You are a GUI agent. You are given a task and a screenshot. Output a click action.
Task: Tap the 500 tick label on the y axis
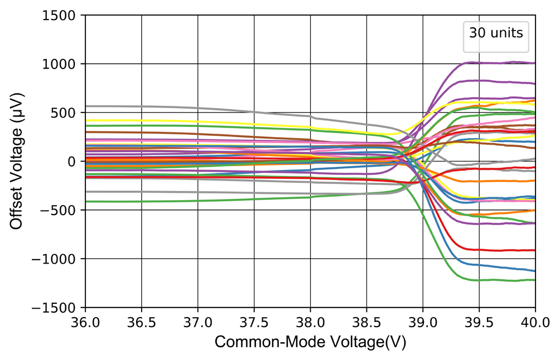[x=67, y=113]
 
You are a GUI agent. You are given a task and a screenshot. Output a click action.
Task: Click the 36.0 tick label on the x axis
[x=85, y=322]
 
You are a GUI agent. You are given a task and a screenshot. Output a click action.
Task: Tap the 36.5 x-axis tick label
[x=142, y=322]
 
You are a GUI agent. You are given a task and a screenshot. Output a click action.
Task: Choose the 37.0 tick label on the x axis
[x=198, y=322]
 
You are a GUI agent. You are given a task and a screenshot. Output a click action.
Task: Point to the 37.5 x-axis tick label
[x=254, y=322]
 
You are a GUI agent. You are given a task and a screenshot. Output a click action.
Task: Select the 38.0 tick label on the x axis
[x=311, y=322]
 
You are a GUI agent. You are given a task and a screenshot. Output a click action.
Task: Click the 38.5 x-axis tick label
[x=367, y=322]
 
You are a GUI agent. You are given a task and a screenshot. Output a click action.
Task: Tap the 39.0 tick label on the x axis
[x=423, y=322]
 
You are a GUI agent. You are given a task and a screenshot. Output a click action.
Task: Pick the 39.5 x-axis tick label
[x=479, y=322]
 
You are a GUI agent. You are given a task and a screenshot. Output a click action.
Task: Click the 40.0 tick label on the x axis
[x=535, y=322]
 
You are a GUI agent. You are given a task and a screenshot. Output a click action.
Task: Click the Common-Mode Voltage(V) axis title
[x=310, y=342]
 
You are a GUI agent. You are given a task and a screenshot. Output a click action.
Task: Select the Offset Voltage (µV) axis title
[x=17, y=162]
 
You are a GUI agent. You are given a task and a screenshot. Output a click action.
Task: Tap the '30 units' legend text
[x=496, y=33]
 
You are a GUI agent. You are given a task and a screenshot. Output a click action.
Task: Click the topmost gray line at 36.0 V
[x=87, y=106]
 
